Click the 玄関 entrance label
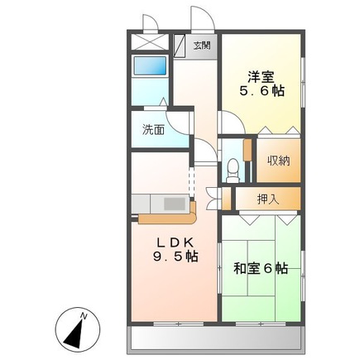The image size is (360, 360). (x=202, y=45)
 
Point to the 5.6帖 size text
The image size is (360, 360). (x=262, y=92)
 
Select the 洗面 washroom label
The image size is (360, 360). (x=152, y=129)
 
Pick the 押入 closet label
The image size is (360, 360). (x=266, y=199)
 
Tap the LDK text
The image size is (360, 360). (x=176, y=242)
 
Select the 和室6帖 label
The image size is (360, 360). (x=260, y=268)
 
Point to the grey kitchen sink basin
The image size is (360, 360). (x=175, y=202)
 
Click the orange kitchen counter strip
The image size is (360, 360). (x=166, y=220)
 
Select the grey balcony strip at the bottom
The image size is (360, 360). (x=216, y=337)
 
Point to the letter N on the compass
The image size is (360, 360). (x=84, y=314)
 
